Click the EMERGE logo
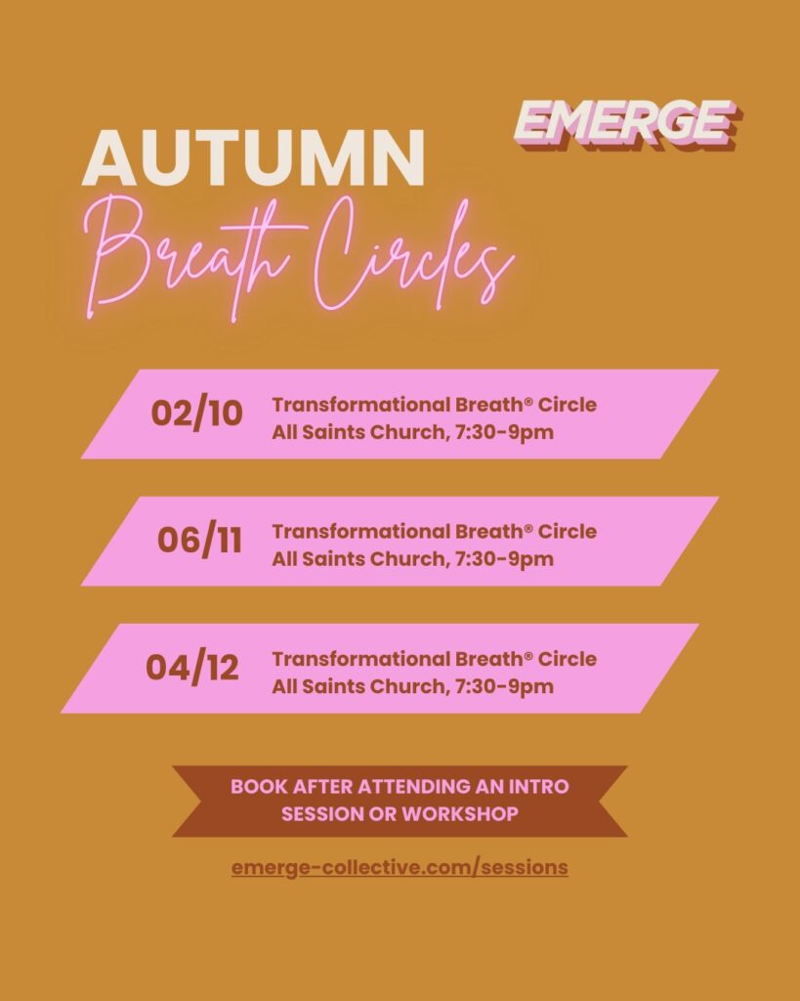point(626,124)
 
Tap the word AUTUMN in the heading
point(253,157)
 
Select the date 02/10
point(196,413)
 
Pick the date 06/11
point(199,540)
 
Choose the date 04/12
point(192,668)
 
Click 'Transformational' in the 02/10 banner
point(361,405)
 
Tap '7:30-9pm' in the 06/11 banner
point(504,559)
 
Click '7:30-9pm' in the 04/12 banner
point(504,687)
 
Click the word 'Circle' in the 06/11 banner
point(568,531)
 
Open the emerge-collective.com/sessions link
point(400,868)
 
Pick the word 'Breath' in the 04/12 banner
point(488,659)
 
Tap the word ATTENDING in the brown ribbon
point(413,787)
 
